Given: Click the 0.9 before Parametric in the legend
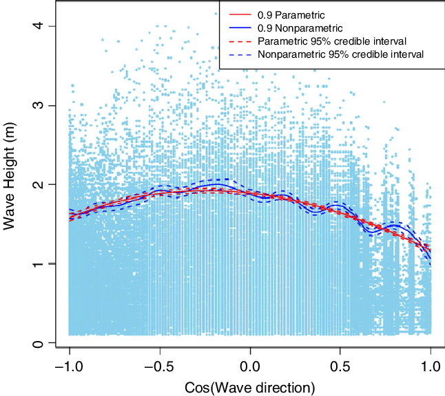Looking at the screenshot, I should point(256,14).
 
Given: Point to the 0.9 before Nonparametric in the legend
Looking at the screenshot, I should point(256,27).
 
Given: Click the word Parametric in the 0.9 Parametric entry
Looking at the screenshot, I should point(291,14).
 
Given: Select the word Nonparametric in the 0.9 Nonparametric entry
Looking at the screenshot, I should point(303,27).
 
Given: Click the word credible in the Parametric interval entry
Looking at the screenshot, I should point(346,41).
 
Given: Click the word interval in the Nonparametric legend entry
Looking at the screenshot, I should point(406,54).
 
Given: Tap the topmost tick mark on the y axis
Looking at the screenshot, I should point(52,27).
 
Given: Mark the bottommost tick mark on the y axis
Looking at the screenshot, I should point(52,342).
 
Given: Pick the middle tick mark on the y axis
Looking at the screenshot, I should point(52,184).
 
